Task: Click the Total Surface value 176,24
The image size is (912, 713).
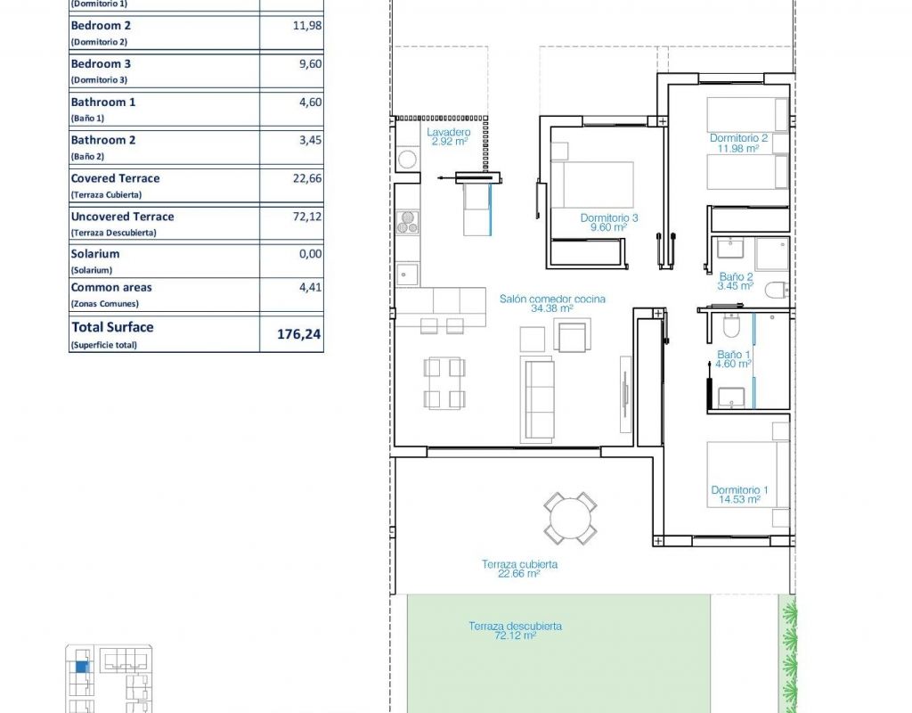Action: click(299, 334)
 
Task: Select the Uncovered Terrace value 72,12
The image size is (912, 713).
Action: click(307, 217)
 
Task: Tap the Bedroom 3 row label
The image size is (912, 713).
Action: click(101, 64)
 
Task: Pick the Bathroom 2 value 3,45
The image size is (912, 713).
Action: click(311, 140)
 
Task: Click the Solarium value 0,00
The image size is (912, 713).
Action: click(311, 254)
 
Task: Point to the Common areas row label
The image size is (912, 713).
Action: click(111, 288)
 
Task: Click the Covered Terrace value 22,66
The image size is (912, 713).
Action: click(307, 178)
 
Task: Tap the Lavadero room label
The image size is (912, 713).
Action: click(449, 132)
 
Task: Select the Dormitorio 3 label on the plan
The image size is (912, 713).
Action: click(609, 218)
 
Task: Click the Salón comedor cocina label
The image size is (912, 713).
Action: click(552, 299)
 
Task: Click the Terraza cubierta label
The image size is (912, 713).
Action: click(519, 564)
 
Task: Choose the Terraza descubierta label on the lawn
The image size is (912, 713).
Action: click(516, 627)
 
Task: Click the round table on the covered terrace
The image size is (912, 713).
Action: click(571, 518)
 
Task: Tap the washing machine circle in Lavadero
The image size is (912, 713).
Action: click(407, 159)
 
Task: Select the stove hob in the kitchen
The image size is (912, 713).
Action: click(408, 222)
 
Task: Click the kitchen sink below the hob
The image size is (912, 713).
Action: click(407, 274)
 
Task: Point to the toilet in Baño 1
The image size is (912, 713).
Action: click(730, 326)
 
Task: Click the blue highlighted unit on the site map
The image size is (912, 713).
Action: click(83, 667)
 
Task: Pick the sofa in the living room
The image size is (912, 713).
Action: click(537, 399)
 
